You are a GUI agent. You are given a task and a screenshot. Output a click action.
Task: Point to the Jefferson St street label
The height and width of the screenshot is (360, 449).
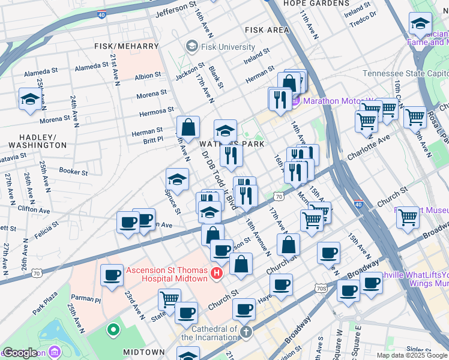click(176, 10)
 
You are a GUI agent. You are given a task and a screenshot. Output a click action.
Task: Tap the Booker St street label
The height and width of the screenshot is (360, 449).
click(74, 171)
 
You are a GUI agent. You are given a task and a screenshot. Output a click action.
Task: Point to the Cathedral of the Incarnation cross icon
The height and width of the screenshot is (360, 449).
click(246, 332)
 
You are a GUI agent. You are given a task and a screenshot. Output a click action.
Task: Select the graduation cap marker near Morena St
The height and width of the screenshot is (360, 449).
click(29, 100)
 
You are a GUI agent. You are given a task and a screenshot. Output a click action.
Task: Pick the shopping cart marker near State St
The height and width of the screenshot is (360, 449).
click(170, 298)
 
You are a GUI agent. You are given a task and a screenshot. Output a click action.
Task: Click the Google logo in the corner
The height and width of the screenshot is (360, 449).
click(20, 353)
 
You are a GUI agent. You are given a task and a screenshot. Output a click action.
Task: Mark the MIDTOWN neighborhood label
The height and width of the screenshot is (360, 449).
click(143, 352)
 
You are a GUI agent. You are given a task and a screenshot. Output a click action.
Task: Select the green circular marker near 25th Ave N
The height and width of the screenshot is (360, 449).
click(112, 329)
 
